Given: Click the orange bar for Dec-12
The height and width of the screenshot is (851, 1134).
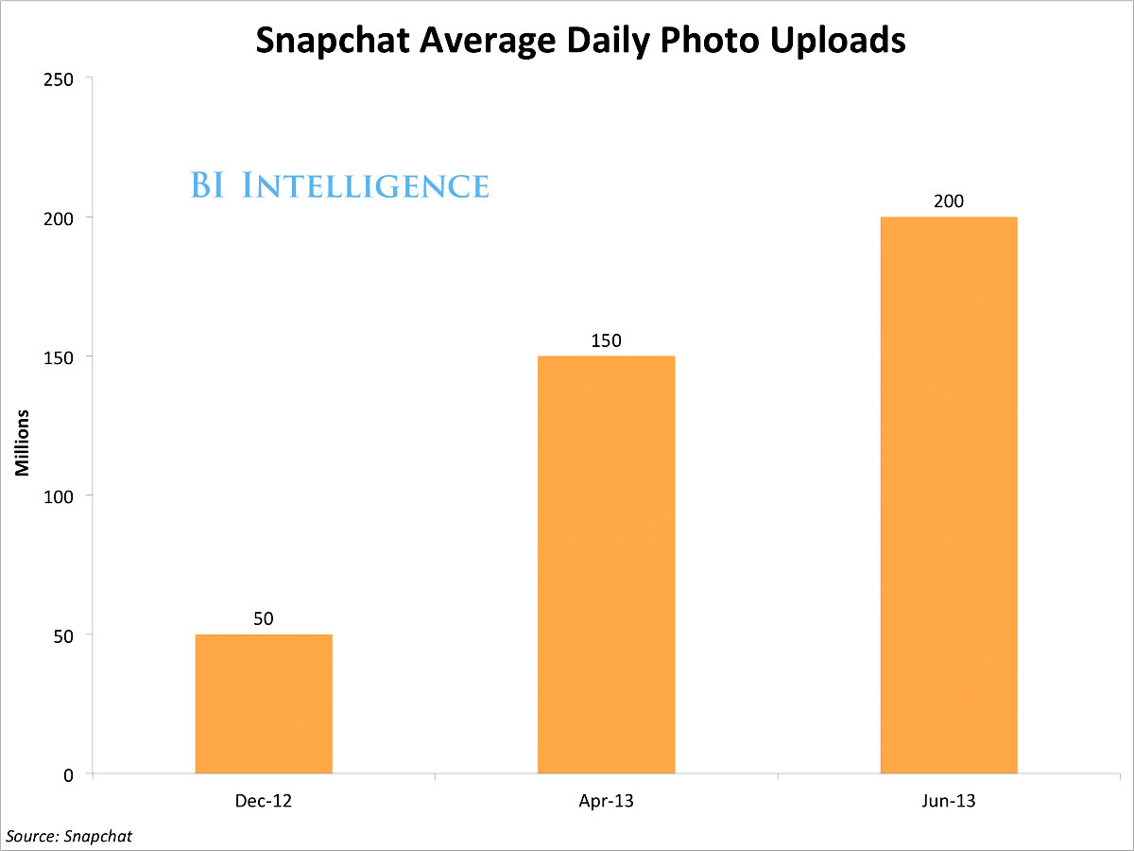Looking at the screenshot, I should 264,703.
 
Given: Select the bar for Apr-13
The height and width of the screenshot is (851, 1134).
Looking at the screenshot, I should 606,564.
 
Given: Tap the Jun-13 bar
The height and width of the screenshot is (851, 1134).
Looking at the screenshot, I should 948,495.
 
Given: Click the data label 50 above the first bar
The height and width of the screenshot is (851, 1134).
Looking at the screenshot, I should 264,618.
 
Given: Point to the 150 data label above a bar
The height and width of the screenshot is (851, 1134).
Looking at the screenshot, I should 606,340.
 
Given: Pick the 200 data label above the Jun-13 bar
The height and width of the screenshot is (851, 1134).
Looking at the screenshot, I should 948,201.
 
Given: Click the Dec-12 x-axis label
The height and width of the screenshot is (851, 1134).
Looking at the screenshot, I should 264,802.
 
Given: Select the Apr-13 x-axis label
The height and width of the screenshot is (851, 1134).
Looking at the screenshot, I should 606,802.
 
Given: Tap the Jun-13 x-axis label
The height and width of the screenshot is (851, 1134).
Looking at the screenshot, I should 948,802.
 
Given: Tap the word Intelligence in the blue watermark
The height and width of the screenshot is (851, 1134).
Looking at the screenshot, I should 365,185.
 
